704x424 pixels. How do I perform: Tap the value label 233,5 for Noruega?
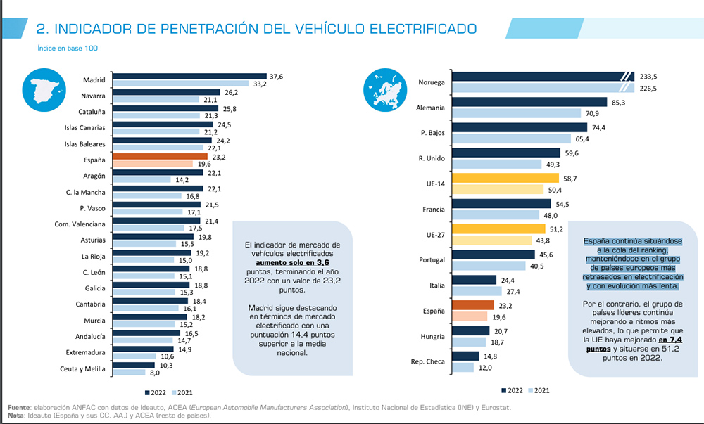pos(647,77)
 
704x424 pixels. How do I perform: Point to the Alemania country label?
pos(431,108)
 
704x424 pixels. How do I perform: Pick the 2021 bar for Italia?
pos(478,291)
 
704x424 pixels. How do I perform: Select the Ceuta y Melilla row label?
pos(82,369)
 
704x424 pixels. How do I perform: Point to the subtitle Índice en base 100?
pos(68,49)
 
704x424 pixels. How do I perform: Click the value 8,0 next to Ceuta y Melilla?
pos(156,373)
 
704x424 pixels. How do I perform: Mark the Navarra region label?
pos(93,95)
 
